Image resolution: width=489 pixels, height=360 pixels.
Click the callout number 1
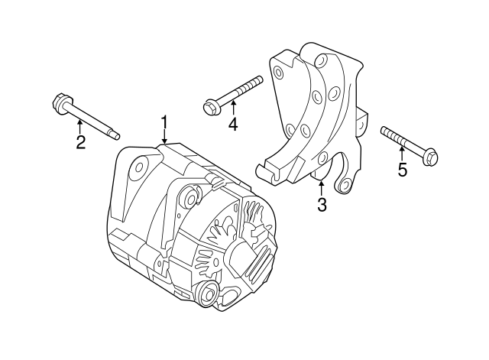[164, 123]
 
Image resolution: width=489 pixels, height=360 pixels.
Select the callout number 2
[80, 142]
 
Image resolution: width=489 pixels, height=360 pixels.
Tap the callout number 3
[322, 205]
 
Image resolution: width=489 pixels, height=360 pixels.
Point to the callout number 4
[233, 124]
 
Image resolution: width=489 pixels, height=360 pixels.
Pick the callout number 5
[403, 170]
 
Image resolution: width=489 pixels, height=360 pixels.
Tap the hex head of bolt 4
[209, 107]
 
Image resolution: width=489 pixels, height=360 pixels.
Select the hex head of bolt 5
[431, 156]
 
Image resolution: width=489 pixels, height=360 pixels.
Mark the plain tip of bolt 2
[115, 135]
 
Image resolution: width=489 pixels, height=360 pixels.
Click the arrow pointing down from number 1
[164, 137]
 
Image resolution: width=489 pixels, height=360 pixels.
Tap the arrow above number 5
[402, 154]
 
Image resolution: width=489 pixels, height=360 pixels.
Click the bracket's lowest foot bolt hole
[345, 185]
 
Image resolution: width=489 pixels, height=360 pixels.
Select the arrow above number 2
[80, 126]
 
